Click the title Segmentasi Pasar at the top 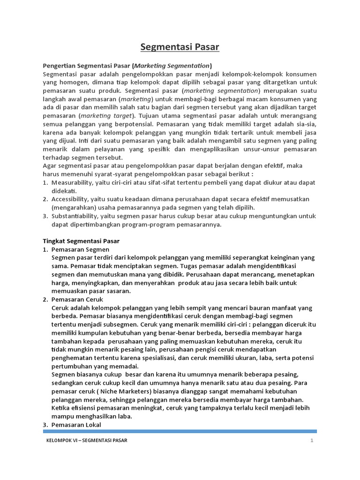click(x=180, y=47)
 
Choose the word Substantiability click(x=75, y=216)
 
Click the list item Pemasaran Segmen click(x=80, y=249)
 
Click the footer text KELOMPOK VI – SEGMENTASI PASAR click(x=87, y=441)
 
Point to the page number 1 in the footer click(x=311, y=441)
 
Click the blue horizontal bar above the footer click(x=180, y=431)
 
